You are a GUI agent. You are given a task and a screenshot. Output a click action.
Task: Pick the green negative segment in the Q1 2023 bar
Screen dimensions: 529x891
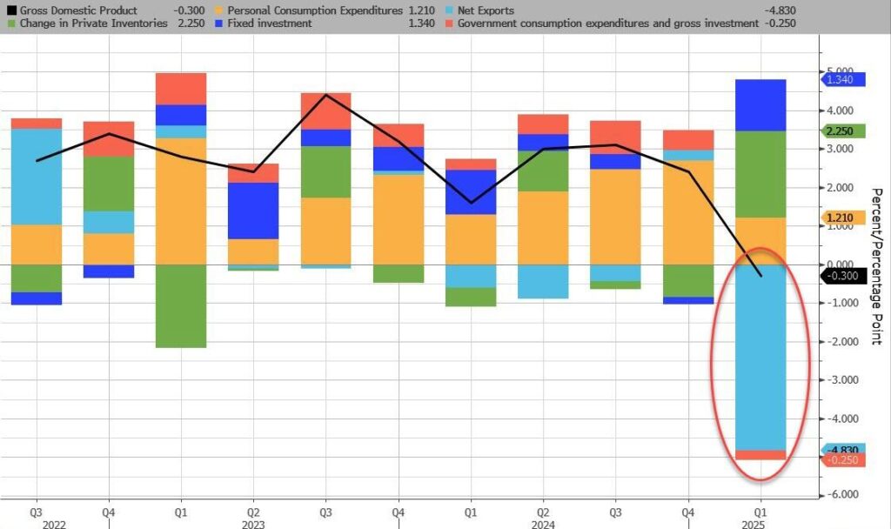182,305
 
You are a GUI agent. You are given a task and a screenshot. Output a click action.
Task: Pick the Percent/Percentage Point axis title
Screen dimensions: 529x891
876,265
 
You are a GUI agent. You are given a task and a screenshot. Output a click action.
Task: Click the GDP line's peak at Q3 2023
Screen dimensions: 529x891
325,94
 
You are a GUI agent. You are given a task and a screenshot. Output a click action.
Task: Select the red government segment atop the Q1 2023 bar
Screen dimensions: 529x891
182,89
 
